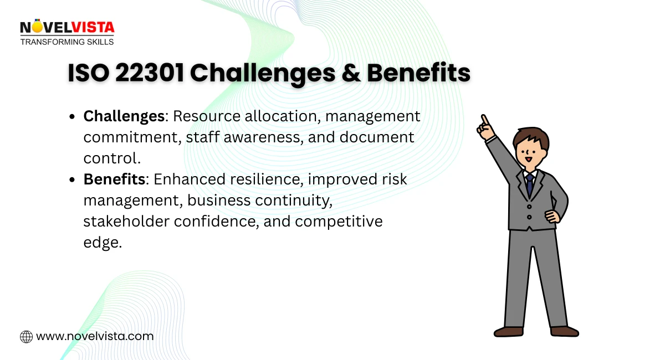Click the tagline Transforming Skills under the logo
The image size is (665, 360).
click(66, 42)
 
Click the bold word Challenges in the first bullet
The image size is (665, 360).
click(124, 116)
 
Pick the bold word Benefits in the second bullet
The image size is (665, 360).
click(114, 179)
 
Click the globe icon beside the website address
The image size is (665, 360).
click(26, 336)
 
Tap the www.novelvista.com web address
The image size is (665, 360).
click(95, 336)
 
